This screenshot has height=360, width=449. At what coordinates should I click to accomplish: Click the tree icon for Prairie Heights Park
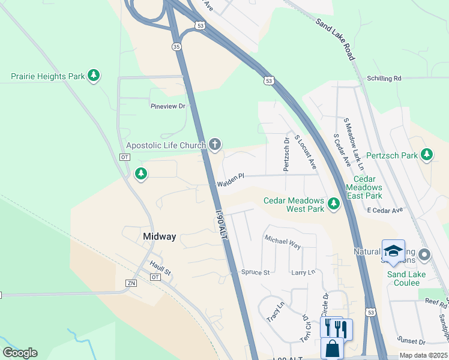(x=93, y=76)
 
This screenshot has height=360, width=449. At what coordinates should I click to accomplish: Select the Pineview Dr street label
(x=168, y=106)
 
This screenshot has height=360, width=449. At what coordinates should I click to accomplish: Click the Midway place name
(x=160, y=236)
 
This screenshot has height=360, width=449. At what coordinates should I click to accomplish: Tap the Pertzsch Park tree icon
(x=427, y=155)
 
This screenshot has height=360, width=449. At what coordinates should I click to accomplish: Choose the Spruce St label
(x=255, y=272)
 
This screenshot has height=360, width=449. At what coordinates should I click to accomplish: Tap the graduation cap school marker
(x=394, y=251)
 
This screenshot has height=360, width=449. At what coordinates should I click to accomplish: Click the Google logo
(x=20, y=353)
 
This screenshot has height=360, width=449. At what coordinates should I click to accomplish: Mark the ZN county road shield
(x=131, y=283)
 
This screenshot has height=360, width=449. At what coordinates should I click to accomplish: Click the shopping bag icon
(x=332, y=349)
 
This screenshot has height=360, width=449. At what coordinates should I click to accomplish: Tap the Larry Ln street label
(x=303, y=272)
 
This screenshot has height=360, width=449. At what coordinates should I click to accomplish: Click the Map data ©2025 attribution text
(x=423, y=355)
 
